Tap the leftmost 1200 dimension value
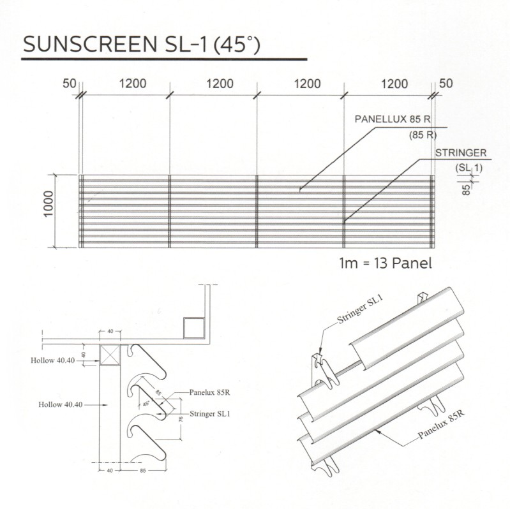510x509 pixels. [132, 84]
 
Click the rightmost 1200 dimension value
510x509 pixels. [394, 84]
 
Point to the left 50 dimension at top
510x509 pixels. [70, 84]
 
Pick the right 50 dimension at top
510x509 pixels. [446, 84]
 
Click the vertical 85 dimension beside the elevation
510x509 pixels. [466, 189]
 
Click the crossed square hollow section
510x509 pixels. [110, 355]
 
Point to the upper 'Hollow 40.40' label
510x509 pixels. [53, 360]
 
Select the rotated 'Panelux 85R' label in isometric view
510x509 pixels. [441, 426]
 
